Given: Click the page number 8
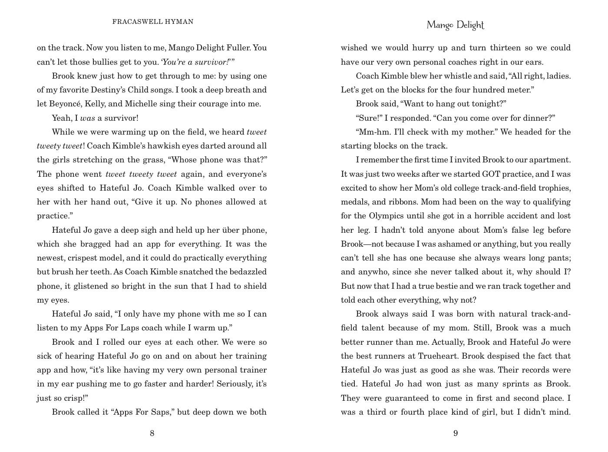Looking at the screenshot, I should (x=152, y=433).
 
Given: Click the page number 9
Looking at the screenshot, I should (x=456, y=433).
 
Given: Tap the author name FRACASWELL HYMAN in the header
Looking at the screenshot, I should (x=153, y=22).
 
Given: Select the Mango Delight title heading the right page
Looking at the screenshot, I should (x=455, y=25).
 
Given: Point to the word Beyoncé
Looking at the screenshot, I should (x=65, y=104).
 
